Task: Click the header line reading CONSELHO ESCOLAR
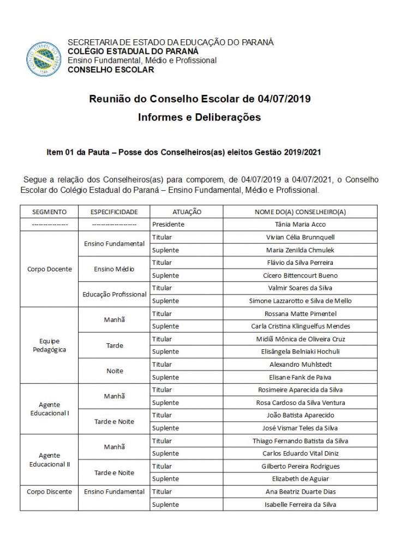click(111, 70)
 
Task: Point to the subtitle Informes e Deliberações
click(199, 117)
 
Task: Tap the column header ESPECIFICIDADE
click(114, 211)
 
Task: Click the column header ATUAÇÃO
click(187, 211)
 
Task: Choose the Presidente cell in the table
click(169, 224)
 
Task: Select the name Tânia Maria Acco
click(300, 224)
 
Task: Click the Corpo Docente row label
click(50, 269)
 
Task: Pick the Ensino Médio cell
click(114, 269)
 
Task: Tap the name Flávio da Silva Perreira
click(300, 263)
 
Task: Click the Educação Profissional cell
click(115, 294)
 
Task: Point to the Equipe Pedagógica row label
click(50, 345)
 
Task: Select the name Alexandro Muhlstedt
click(300, 365)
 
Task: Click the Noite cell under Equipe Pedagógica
click(115, 371)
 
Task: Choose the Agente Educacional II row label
click(50, 459)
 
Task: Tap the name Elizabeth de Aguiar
click(300, 479)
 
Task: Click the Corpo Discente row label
click(50, 492)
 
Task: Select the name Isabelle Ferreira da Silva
click(300, 505)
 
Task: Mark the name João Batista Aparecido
click(300, 415)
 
